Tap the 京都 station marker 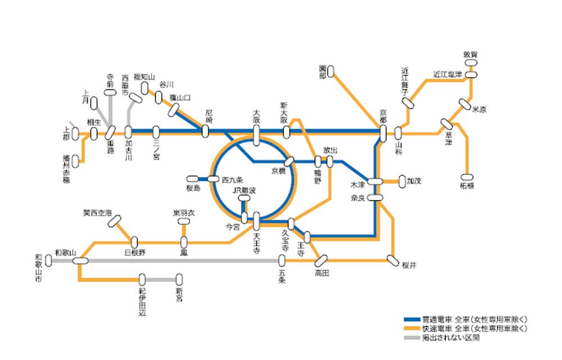(383, 133)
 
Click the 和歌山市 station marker (49, 261)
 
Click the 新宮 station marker (179, 279)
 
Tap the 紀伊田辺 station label (142, 301)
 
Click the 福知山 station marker (145, 88)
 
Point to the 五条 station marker (282, 260)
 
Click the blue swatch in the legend (414, 319)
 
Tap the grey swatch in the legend (414, 337)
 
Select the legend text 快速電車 (440, 328)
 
